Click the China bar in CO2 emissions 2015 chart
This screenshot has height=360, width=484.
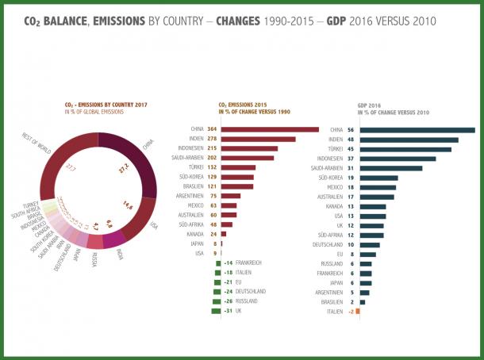[x=270, y=129]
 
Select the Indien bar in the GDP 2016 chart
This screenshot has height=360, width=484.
[x=409, y=140]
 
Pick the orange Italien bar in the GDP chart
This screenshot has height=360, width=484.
[x=358, y=311]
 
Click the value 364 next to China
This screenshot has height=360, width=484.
[x=212, y=129]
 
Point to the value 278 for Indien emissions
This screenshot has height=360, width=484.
[x=212, y=139]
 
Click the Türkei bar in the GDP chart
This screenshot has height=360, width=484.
[x=405, y=148]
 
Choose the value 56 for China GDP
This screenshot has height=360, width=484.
[x=351, y=129]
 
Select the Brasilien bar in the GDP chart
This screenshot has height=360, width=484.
[x=362, y=301]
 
